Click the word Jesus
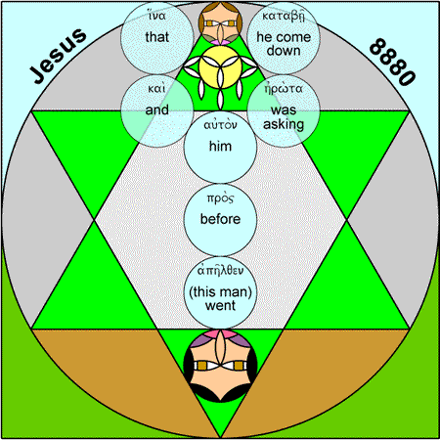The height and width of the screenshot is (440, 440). (x=58, y=56)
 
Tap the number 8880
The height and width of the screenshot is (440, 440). (x=392, y=62)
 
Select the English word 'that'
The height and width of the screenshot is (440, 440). (x=156, y=37)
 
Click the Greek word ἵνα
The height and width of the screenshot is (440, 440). (x=156, y=15)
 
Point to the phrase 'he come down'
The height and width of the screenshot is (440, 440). (x=284, y=44)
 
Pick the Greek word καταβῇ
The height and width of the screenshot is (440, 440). (x=284, y=16)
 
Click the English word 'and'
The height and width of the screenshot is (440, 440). (x=156, y=110)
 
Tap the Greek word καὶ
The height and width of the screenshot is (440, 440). (x=156, y=88)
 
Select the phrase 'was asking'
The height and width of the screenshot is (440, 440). (x=284, y=117)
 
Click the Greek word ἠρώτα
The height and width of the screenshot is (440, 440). (x=284, y=88)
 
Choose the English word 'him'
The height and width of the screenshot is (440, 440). (x=220, y=146)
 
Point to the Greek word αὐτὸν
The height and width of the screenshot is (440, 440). (x=220, y=124)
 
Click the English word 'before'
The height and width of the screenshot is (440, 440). (x=220, y=219)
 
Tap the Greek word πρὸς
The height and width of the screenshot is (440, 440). (x=220, y=198)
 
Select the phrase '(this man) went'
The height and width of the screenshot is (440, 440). (x=220, y=298)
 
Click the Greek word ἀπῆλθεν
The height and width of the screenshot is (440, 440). (x=220, y=271)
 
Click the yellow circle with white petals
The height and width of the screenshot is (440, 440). (x=220, y=67)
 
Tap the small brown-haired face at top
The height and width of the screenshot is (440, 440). (x=220, y=22)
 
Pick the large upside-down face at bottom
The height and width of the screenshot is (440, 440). (x=220, y=366)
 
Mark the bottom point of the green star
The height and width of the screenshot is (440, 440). (x=220, y=437)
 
